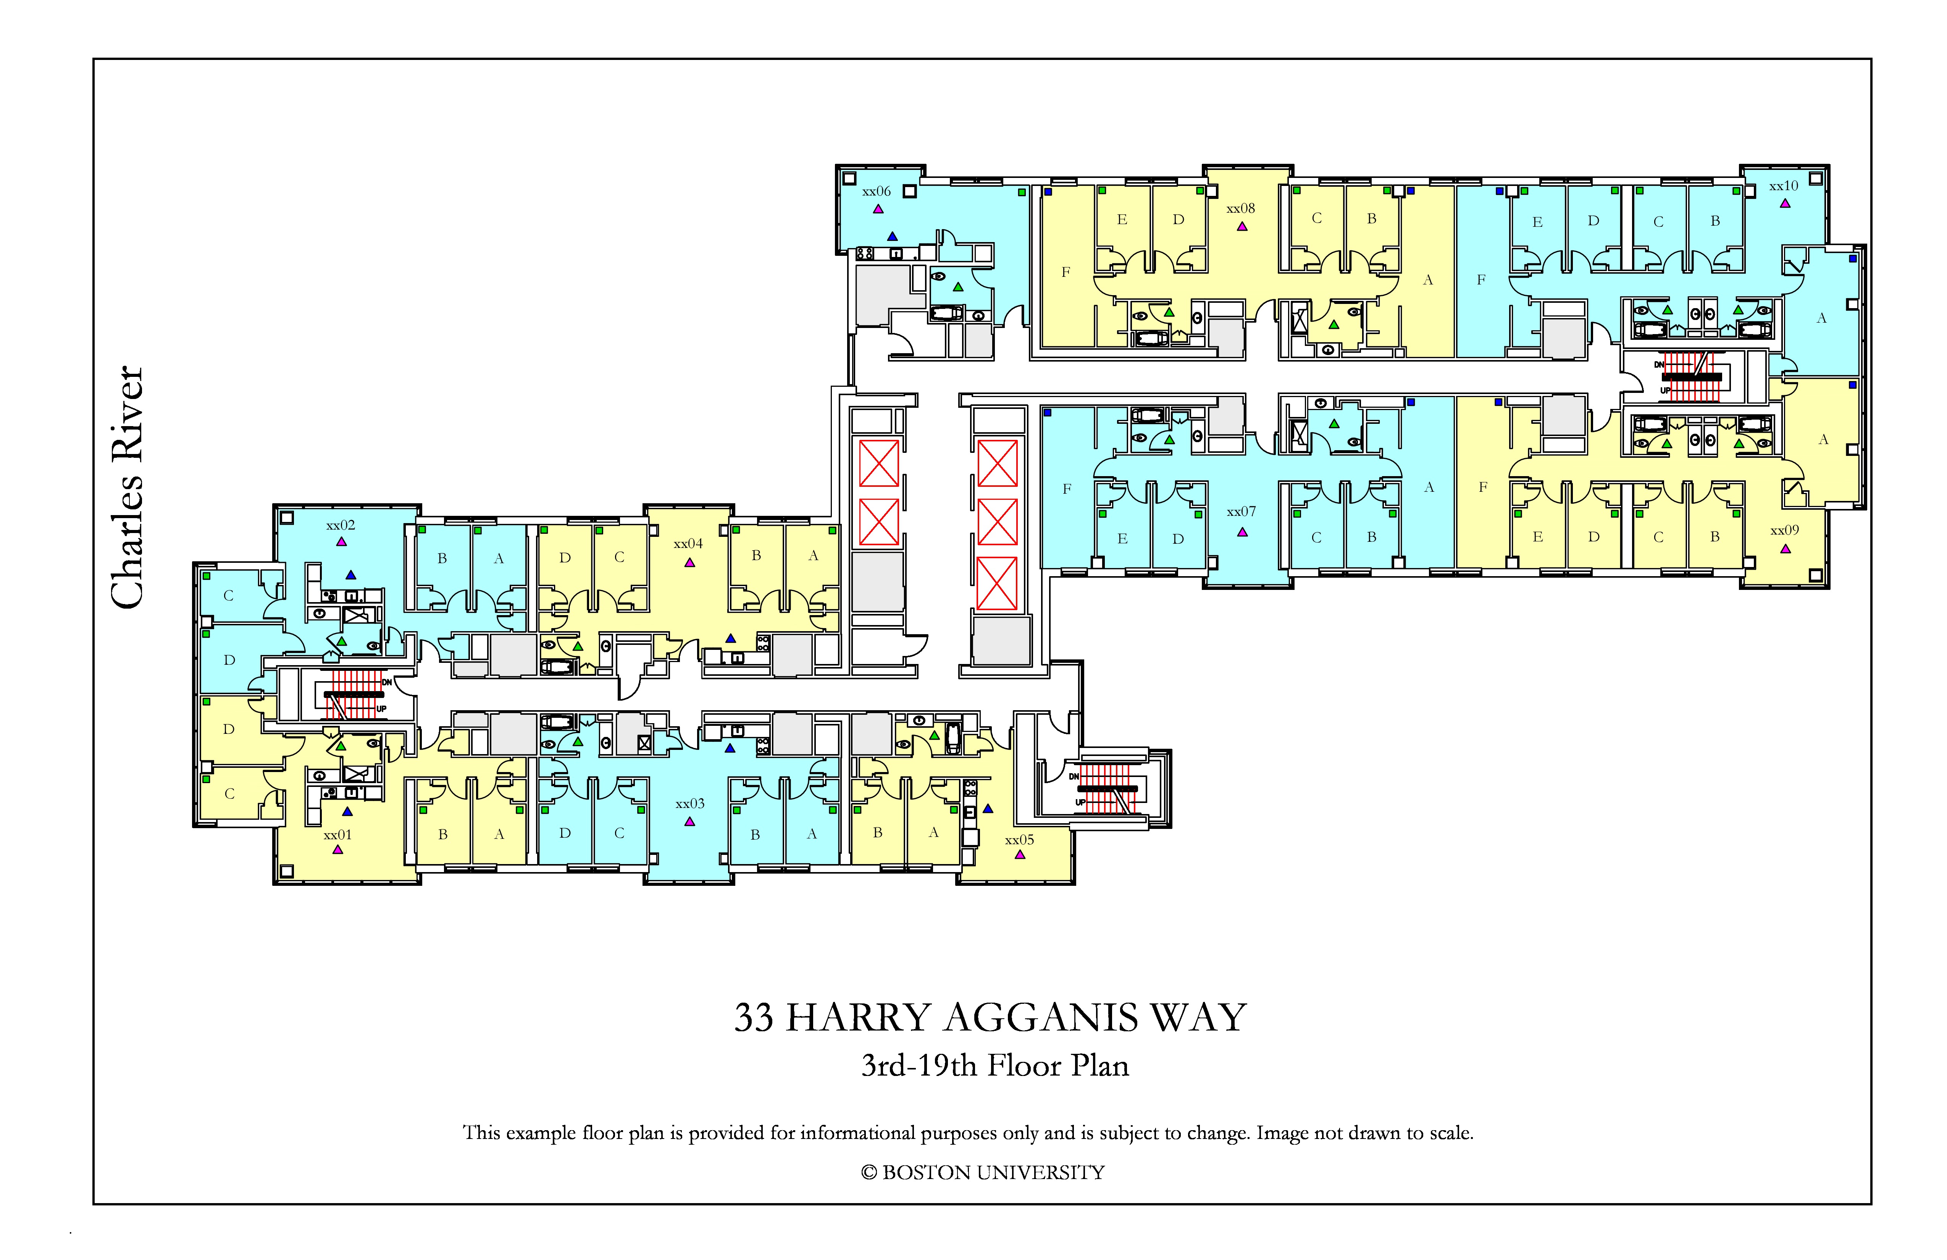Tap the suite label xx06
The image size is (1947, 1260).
(x=876, y=191)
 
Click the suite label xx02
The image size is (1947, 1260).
(x=340, y=525)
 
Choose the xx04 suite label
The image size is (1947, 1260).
(x=688, y=543)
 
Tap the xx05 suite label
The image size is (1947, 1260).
(x=1019, y=840)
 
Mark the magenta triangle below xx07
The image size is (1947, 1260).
(x=1242, y=532)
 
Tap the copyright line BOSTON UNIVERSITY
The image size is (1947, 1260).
(x=993, y=1173)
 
